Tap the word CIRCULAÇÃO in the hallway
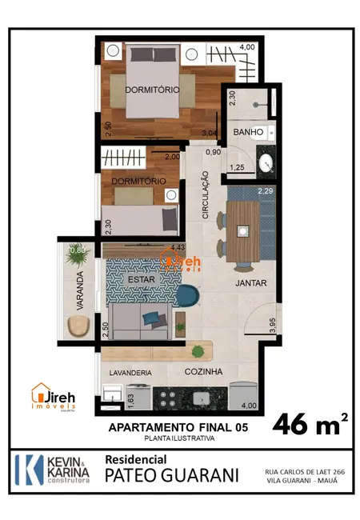tap(206, 195)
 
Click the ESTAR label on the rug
tap(141, 279)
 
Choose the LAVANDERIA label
tap(126, 372)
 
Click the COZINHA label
tap(203, 372)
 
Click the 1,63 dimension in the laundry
tap(109, 398)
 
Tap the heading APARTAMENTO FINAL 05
tap(178, 428)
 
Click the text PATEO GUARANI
tap(172, 475)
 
